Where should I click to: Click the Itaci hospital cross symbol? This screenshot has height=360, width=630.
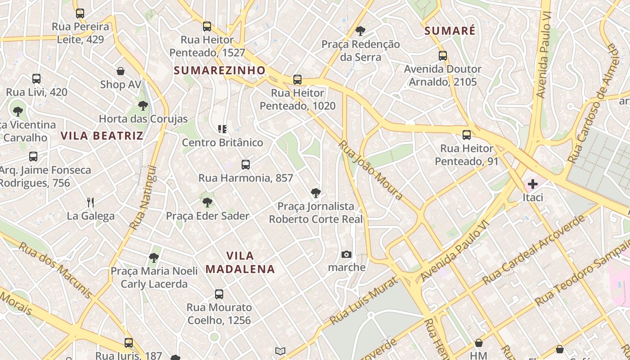point(533,184)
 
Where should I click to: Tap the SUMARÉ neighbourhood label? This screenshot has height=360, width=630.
point(450,31)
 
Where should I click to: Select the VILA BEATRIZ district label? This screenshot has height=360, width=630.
point(102,135)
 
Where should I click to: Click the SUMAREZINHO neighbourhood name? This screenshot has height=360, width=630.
point(220,70)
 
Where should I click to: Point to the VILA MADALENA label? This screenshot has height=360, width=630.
point(240,262)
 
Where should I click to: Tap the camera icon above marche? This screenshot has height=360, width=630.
point(346,254)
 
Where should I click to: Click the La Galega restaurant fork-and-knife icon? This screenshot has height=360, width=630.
point(90,202)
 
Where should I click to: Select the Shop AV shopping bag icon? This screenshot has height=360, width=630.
point(121,71)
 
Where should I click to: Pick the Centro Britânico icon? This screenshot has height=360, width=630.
point(222,129)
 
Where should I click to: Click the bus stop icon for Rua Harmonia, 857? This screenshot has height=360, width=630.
point(245,165)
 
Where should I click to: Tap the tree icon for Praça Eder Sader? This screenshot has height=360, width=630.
point(207,202)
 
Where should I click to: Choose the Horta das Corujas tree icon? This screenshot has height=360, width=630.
point(143,106)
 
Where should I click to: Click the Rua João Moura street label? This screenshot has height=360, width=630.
point(370,170)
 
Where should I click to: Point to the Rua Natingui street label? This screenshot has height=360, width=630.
point(143,198)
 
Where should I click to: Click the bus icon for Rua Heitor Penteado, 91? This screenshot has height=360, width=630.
point(467,135)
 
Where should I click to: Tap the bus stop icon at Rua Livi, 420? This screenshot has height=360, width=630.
point(36,79)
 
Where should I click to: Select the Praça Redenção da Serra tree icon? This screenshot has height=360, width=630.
point(360,31)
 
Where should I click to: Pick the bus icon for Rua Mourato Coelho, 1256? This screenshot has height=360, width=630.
point(219,294)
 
